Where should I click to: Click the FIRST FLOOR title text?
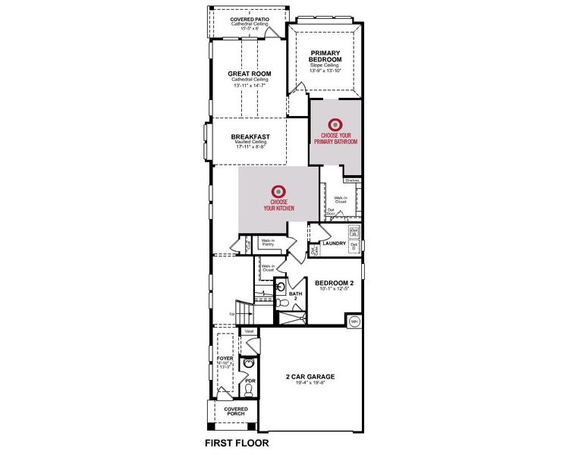(237, 442)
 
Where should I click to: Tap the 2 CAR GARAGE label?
(310, 377)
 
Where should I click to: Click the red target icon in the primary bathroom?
(334, 124)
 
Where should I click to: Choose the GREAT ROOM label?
(250, 74)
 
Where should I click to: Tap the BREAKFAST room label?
(250, 136)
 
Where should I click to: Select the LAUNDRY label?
(334, 243)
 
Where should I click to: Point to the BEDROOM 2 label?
(334, 282)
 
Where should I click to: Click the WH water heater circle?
(354, 322)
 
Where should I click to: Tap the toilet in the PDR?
(247, 390)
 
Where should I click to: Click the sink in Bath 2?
(278, 287)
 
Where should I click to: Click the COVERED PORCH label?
(235, 411)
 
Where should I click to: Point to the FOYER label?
(225, 358)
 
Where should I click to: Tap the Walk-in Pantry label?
(267, 243)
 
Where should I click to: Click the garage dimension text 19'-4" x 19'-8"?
(310, 383)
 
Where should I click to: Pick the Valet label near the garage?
(248, 331)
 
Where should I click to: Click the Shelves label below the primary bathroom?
(352, 180)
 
